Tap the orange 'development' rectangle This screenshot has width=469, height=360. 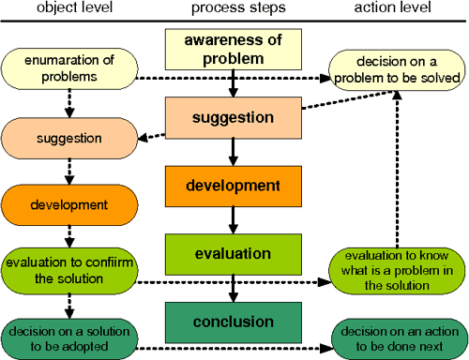click(233, 187)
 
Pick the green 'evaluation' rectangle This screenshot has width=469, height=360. click(233, 254)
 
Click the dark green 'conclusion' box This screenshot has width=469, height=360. click(233, 322)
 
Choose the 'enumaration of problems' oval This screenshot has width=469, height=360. click(69, 68)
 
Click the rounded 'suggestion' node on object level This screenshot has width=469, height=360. click(69, 138)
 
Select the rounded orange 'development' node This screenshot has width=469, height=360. click(69, 204)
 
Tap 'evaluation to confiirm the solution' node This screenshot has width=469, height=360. click(69, 271)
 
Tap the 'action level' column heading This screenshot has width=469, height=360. click(393, 9)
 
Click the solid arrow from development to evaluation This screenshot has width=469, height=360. click(233, 222)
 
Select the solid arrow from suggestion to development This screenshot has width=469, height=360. click(233, 154)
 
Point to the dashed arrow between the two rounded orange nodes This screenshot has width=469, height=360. click(69, 171)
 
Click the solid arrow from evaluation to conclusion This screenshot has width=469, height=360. click(233, 289)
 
